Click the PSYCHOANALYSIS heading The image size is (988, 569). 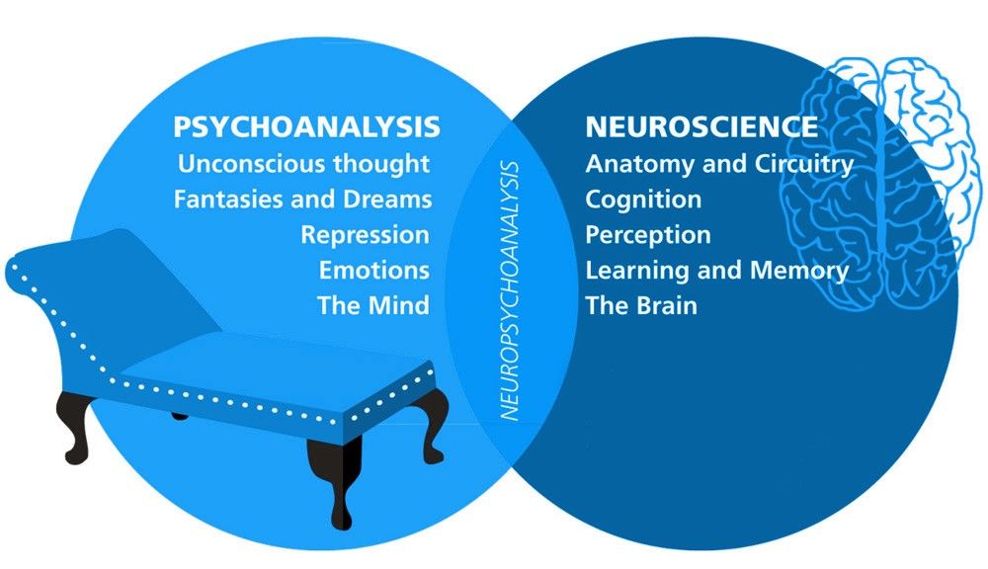(306, 126)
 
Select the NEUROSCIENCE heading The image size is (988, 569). (701, 126)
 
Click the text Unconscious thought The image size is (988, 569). (304, 162)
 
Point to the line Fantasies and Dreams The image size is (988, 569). (302, 199)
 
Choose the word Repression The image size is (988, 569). (366, 235)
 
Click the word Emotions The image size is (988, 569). (374, 270)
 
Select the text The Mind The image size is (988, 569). (373, 305)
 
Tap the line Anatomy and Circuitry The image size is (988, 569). (719, 163)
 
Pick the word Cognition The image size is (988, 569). (643, 199)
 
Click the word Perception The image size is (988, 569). (648, 235)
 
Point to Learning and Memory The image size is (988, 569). (717, 270)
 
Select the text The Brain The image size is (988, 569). (641, 305)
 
